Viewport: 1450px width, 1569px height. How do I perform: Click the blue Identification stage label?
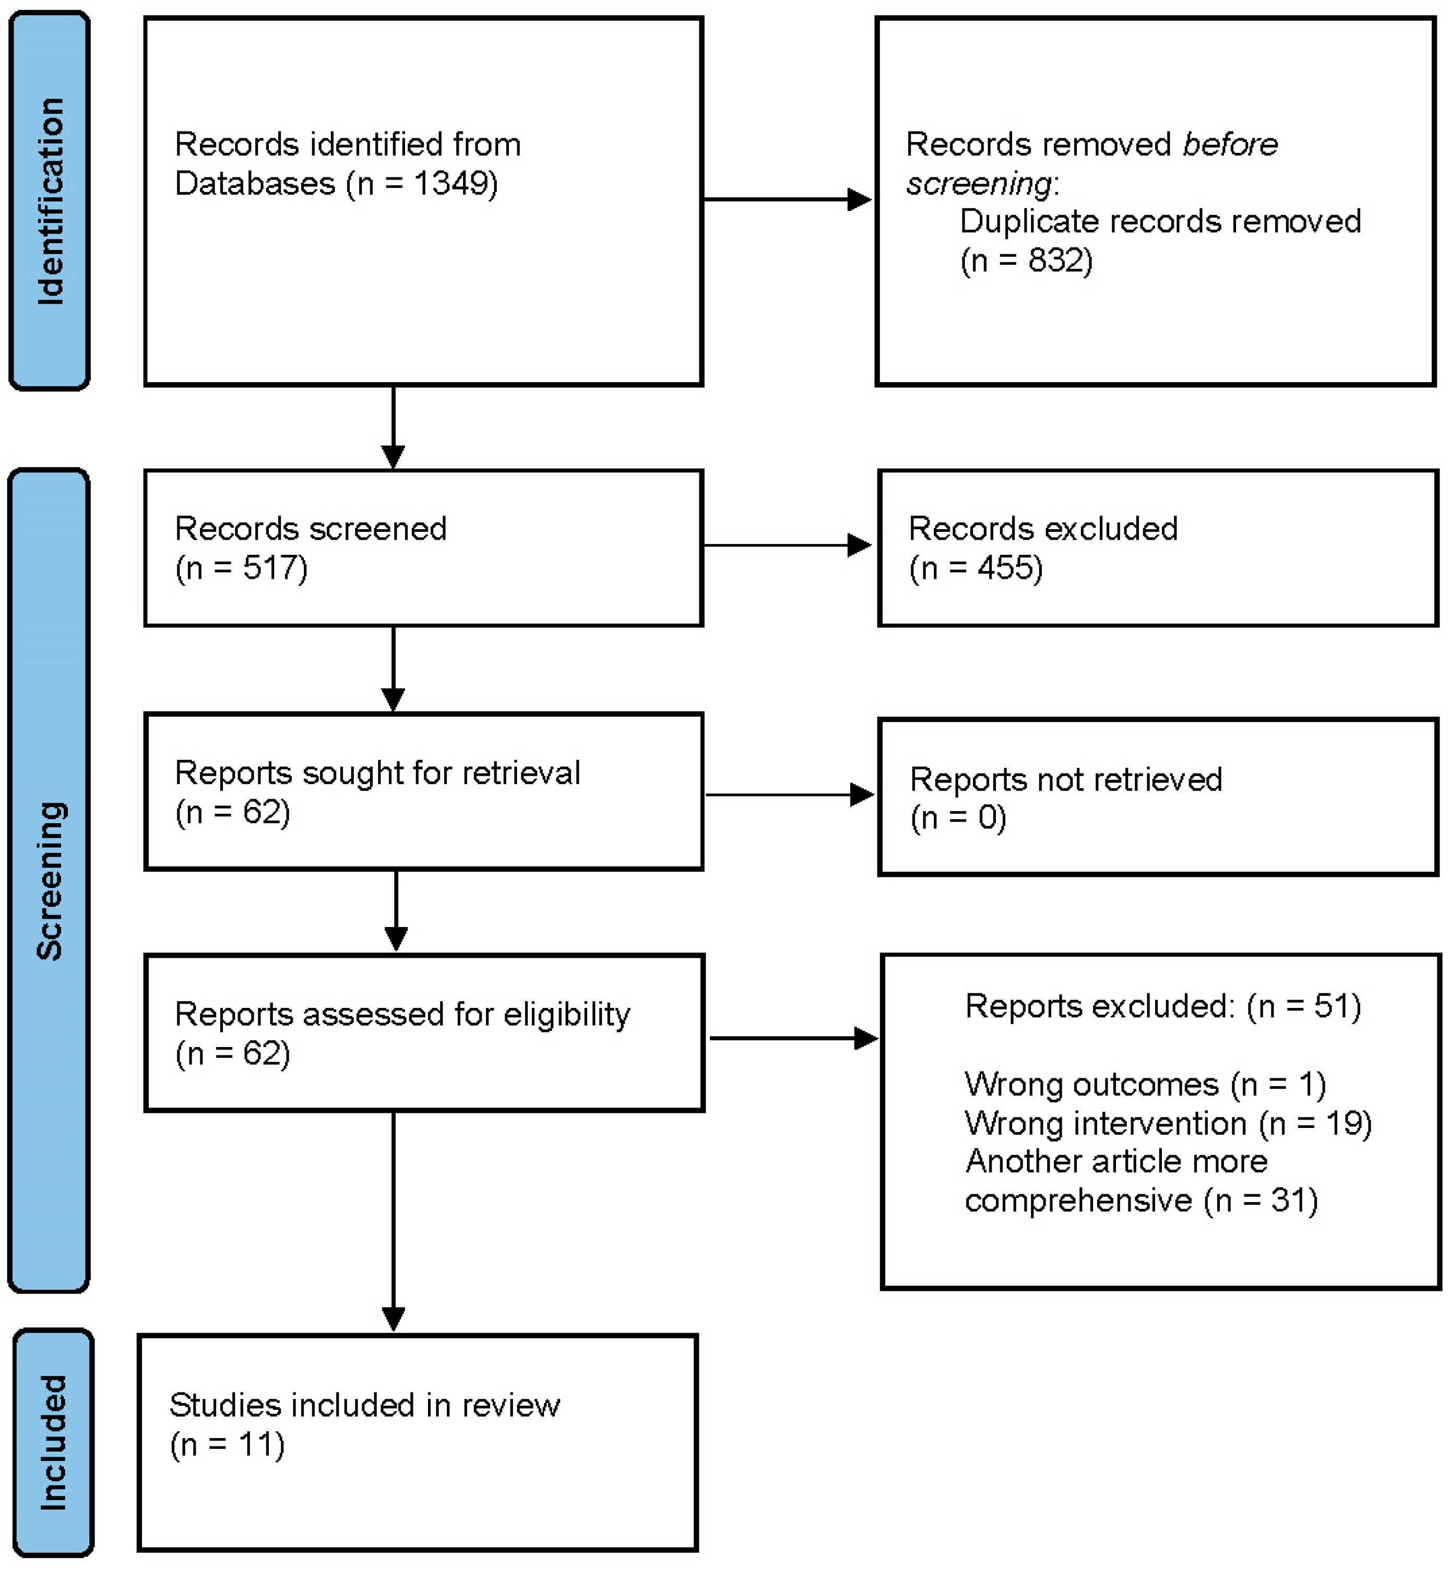[x=50, y=201]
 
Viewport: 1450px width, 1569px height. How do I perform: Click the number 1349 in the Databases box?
[x=455, y=184]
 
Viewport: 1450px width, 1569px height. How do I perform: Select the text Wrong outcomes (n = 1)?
[x=1145, y=1084]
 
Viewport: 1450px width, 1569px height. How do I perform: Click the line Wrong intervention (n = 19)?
[x=1168, y=1123]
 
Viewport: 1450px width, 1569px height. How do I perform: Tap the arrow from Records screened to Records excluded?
[x=787, y=545]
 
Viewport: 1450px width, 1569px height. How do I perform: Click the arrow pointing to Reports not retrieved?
[x=789, y=795]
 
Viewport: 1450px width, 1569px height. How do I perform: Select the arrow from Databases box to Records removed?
[x=787, y=199]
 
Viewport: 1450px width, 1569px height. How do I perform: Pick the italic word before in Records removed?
[x=1230, y=145]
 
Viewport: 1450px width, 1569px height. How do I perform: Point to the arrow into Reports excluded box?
[x=792, y=1039]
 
